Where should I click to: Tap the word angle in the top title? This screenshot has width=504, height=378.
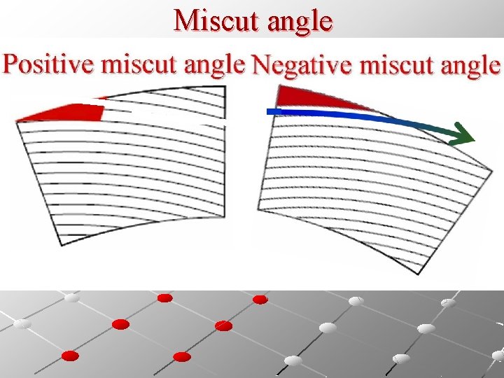pyautogui.click(x=297, y=22)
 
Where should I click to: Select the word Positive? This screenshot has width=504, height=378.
pyautogui.click(x=49, y=64)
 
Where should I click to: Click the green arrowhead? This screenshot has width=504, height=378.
pyautogui.click(x=461, y=132)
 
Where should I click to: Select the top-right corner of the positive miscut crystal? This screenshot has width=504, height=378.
pyautogui.click(x=225, y=87)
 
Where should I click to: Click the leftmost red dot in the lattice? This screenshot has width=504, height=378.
pyautogui.click(x=69, y=356)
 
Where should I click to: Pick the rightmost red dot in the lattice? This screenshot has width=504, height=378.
pyautogui.click(x=260, y=300)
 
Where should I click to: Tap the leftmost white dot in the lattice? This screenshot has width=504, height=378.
pyautogui.click(x=21, y=324)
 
